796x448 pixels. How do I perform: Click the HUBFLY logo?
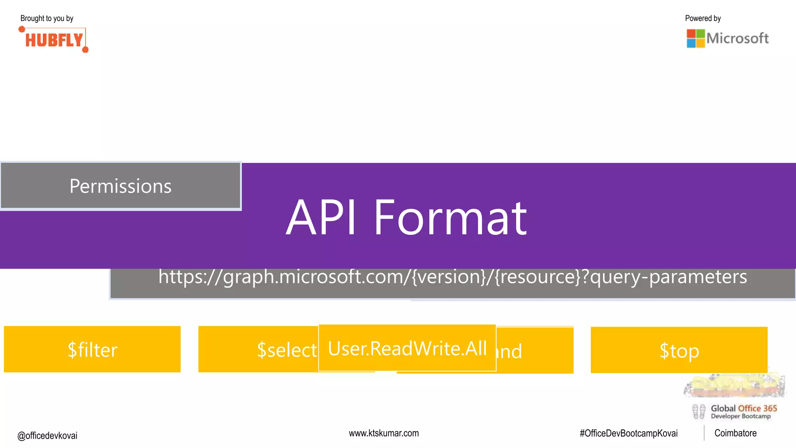[x=54, y=40]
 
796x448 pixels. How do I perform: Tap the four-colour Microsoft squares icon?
[x=695, y=38]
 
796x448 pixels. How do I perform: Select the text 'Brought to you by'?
[x=47, y=18]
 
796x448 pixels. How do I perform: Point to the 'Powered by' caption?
[x=703, y=18]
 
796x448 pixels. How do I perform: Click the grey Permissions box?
[x=120, y=186]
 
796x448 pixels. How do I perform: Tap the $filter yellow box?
[x=92, y=349]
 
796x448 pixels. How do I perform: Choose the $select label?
[x=287, y=350]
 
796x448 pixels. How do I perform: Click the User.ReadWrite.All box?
[x=407, y=348]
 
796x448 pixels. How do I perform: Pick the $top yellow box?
[x=679, y=350]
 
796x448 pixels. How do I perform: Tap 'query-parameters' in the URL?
[x=669, y=277]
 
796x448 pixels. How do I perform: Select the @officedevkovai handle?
[x=47, y=436]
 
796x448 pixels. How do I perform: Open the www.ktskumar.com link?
[x=384, y=433]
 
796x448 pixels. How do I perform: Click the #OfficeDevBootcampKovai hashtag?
[x=628, y=434]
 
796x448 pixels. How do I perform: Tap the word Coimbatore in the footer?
[x=735, y=433]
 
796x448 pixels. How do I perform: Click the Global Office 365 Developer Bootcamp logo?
[x=735, y=411]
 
